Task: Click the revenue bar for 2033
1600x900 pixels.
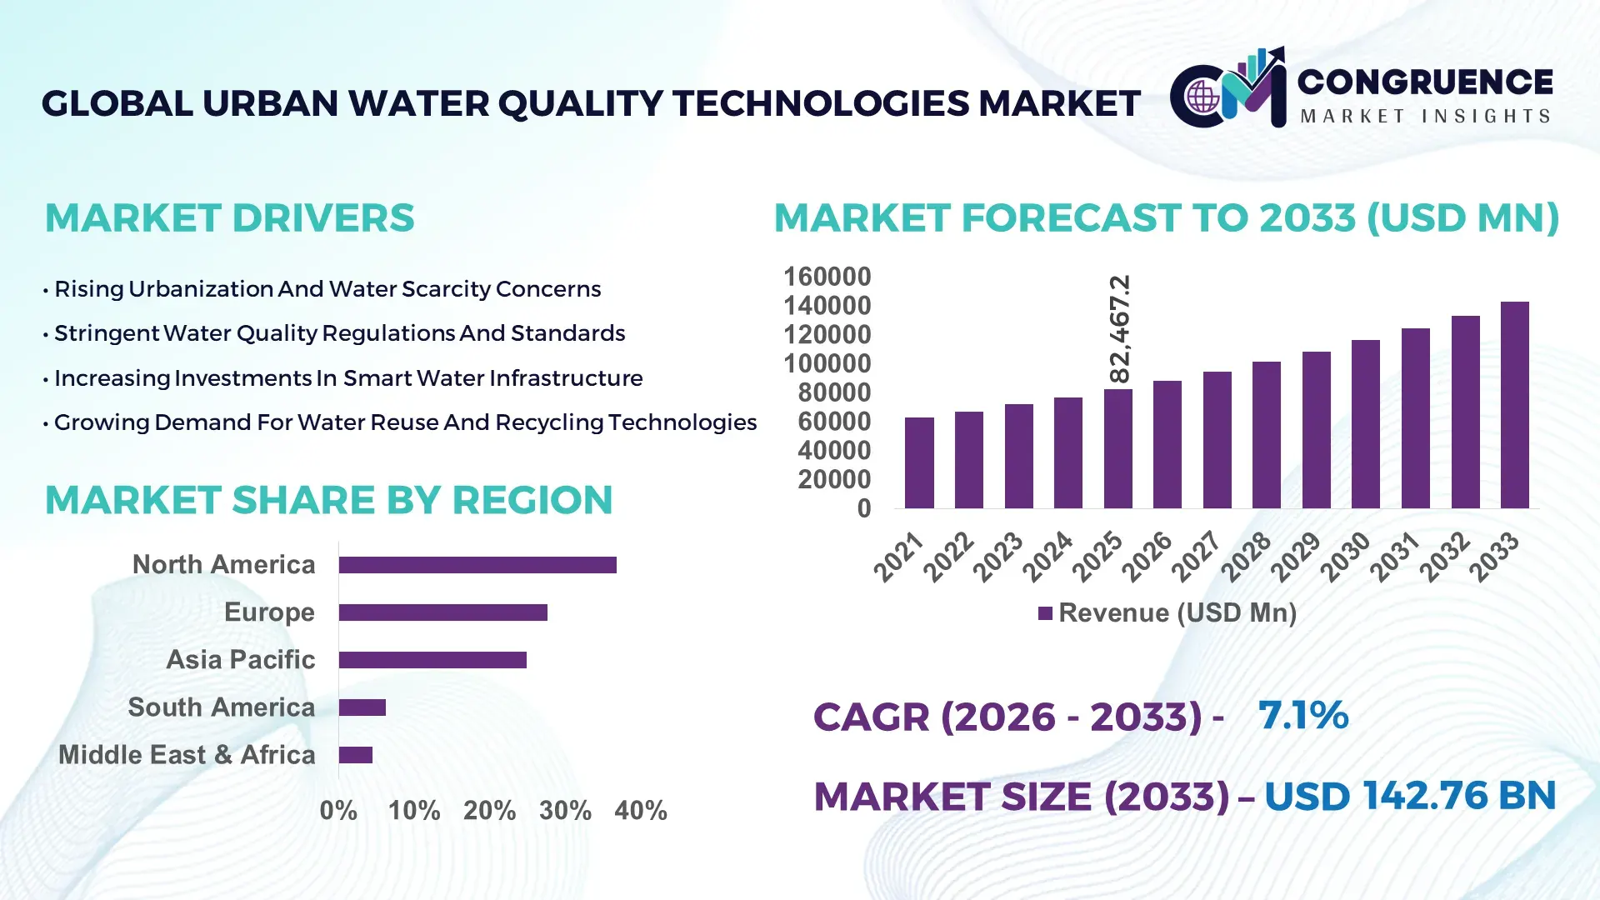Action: pyautogui.click(x=1514, y=405)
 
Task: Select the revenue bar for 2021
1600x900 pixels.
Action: pyautogui.click(x=919, y=463)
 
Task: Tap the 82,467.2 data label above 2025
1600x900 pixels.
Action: pyautogui.click(x=1120, y=328)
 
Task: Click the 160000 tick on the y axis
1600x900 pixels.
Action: pyautogui.click(x=827, y=277)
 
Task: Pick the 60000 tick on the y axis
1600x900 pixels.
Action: pyautogui.click(x=834, y=422)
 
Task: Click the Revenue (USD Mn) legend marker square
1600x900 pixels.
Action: pyautogui.click(x=1045, y=613)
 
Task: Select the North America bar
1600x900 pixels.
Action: pyautogui.click(x=477, y=565)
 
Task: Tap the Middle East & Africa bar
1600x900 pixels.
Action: pyautogui.click(x=356, y=755)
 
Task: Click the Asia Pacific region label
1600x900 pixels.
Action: pyautogui.click(x=241, y=659)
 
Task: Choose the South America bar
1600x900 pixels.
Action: pyautogui.click(x=362, y=707)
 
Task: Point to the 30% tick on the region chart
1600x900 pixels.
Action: pyautogui.click(x=565, y=810)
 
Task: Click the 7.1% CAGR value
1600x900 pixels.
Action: pyautogui.click(x=1302, y=715)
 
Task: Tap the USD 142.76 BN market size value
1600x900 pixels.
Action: pyautogui.click(x=1410, y=796)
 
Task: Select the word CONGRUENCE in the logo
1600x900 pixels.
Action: pyautogui.click(x=1425, y=82)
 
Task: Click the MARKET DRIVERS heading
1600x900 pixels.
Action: pyautogui.click(x=229, y=218)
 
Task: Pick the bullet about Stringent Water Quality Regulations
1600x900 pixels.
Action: pyautogui.click(x=339, y=333)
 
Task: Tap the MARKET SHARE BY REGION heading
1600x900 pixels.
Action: pyautogui.click(x=328, y=500)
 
